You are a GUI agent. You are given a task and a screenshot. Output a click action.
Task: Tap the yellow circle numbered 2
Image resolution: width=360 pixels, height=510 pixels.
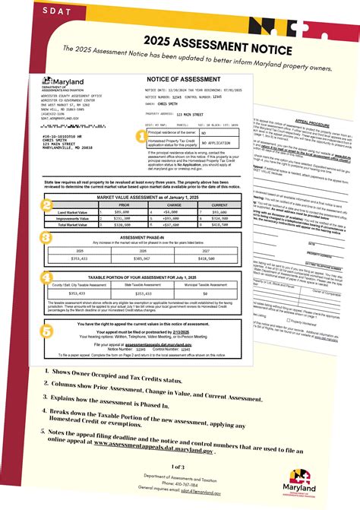(46, 205)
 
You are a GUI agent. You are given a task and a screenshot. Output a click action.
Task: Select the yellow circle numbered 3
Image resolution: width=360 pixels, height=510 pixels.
(46, 238)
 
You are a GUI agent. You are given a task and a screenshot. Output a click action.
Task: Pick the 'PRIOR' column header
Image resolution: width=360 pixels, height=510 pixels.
(124, 204)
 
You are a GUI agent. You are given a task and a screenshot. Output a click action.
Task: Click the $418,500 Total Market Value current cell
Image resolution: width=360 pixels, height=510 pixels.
(220, 225)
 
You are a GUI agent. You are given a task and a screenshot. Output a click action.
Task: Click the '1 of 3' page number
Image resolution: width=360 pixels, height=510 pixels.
(179, 465)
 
